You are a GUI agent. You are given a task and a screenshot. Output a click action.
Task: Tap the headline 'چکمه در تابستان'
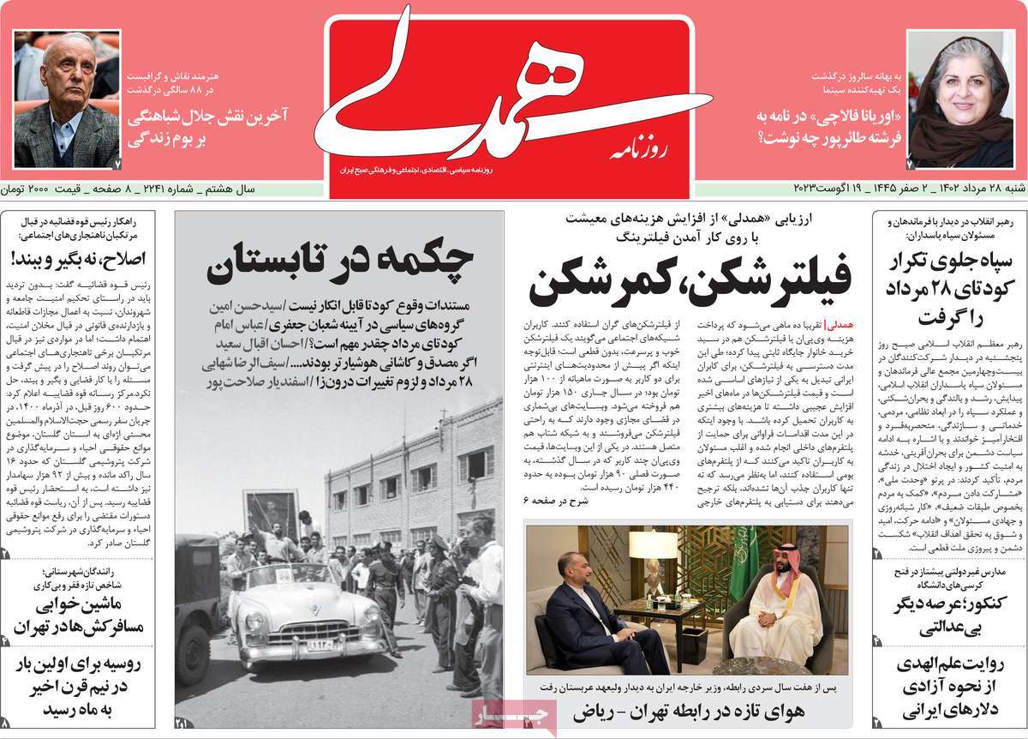pyautogui.click(x=340, y=263)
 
